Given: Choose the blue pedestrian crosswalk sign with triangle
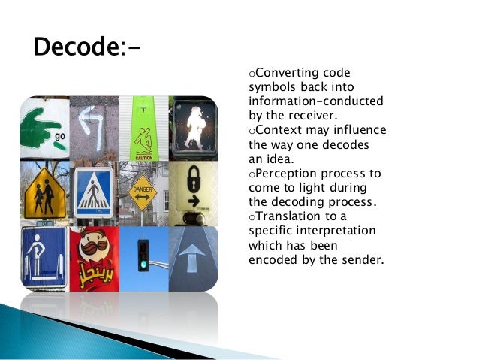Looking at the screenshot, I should pyautogui.click(x=95, y=192).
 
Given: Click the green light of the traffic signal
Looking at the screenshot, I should pyautogui.click(x=143, y=265).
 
